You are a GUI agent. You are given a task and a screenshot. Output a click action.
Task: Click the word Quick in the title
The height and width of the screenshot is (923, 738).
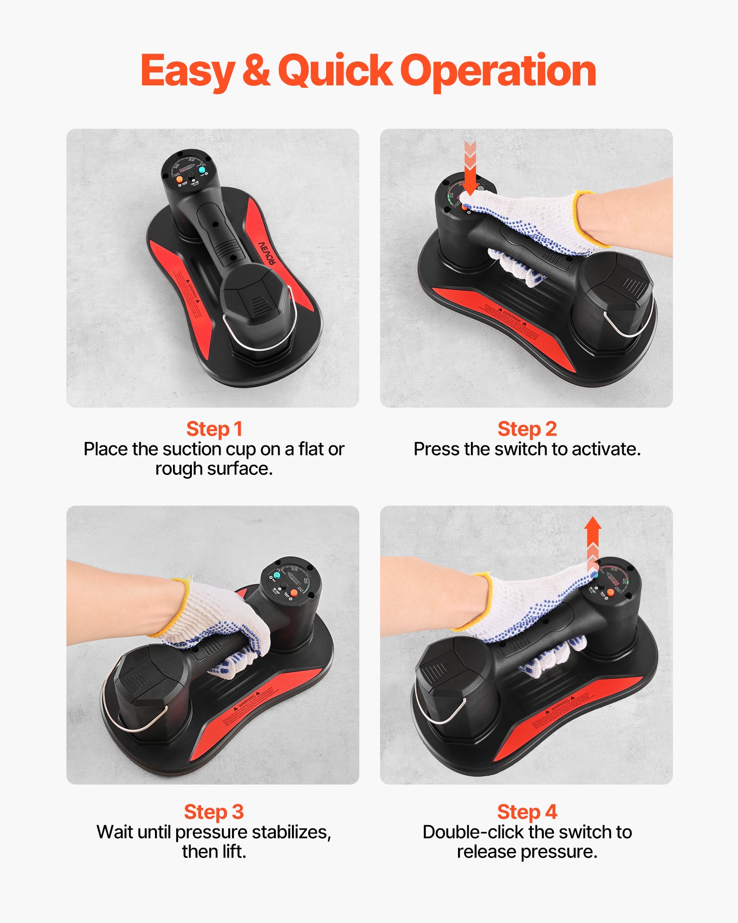(335, 72)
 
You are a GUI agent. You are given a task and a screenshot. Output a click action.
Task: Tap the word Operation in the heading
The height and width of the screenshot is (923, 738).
(498, 72)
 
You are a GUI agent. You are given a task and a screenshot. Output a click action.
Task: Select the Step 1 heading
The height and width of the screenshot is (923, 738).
(214, 429)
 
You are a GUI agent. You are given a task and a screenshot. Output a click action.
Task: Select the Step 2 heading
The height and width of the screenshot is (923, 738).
(527, 429)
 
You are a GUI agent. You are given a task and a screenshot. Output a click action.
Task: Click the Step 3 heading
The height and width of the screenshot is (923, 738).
(214, 812)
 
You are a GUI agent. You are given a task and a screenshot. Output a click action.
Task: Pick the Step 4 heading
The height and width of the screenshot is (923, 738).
(527, 812)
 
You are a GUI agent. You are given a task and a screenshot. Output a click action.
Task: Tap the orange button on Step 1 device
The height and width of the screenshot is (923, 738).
(180, 178)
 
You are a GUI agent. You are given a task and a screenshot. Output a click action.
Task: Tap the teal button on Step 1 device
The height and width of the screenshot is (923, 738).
(202, 170)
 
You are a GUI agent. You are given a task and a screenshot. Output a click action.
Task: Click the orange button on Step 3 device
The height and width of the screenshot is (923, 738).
(294, 593)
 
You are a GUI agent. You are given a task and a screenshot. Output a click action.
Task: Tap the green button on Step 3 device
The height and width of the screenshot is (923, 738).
(277, 575)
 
